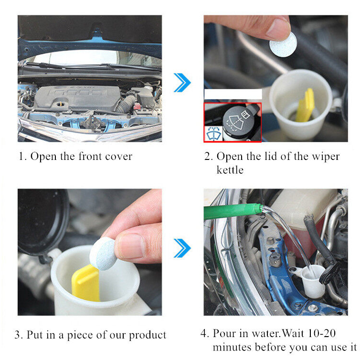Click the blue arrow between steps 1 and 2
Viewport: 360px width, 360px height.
pos(182,83)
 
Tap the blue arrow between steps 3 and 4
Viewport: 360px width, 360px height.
pos(182,248)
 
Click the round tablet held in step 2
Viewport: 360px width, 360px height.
pos(283,44)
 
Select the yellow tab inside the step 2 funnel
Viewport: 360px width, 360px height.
pos(305,106)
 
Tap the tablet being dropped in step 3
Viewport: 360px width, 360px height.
pos(103,254)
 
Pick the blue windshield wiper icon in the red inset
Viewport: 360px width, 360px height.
pos(213,133)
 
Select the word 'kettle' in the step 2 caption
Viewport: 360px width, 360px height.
pos(230,170)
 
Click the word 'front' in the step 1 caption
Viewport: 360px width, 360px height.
pos(90,156)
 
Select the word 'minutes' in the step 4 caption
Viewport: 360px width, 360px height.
pos(232,347)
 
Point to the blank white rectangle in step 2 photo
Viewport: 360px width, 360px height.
pos(233,94)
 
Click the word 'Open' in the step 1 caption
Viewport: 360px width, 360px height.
pos(43,157)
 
